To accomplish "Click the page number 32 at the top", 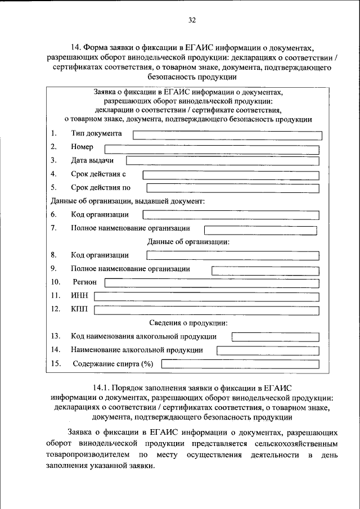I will [192, 21].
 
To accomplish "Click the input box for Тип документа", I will [227, 135].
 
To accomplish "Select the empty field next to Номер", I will [211, 149].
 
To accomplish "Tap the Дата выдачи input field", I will [222, 161].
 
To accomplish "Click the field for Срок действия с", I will [231, 175].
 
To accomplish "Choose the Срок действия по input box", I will [232, 188].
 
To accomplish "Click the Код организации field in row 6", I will [231, 215].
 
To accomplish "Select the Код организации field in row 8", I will [232, 255].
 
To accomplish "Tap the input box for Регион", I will [211, 282].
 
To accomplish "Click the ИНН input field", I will [206, 296].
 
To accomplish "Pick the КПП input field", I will [206, 310].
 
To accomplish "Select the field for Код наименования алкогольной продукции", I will [275, 337].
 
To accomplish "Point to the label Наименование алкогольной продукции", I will [137, 350].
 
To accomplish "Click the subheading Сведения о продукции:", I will [188, 323].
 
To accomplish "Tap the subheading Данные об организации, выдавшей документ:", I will [127, 201].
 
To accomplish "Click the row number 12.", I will [55, 309].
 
